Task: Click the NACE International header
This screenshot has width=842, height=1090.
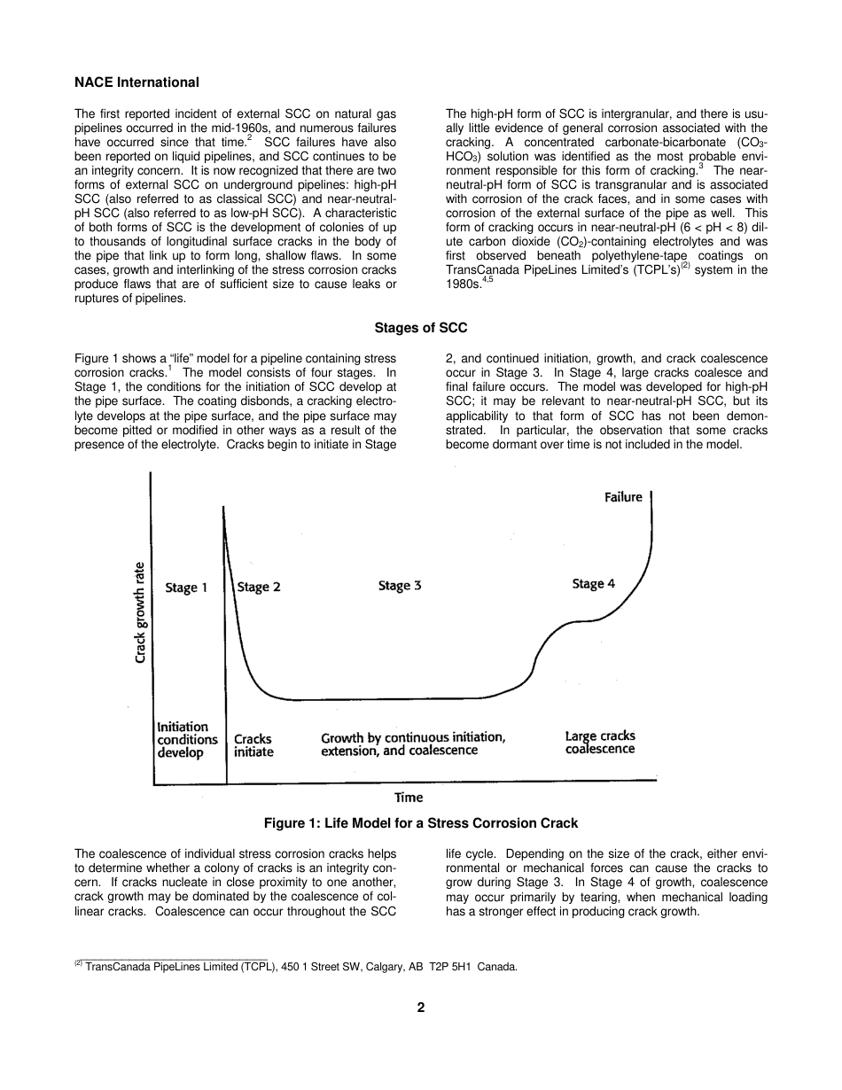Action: click(x=136, y=82)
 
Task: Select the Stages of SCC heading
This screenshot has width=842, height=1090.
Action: click(x=420, y=328)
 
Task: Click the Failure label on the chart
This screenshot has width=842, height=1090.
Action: click(x=623, y=497)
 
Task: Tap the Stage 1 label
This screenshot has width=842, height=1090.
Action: click(x=186, y=588)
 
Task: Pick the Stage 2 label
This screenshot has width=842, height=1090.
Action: click(x=259, y=587)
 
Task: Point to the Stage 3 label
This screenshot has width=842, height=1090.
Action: click(x=399, y=585)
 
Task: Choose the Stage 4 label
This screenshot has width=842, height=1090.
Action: click(x=593, y=583)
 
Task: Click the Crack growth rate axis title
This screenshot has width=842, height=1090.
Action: click(x=140, y=611)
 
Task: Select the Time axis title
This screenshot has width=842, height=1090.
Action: click(x=409, y=797)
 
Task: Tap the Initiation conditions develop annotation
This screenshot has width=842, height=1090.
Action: click(x=187, y=740)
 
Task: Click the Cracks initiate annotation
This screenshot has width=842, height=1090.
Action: click(x=253, y=745)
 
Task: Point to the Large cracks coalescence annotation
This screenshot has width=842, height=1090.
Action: click(x=600, y=743)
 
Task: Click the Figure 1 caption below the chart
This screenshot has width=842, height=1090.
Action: click(x=420, y=823)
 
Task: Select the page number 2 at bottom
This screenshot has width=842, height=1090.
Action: click(x=421, y=1008)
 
